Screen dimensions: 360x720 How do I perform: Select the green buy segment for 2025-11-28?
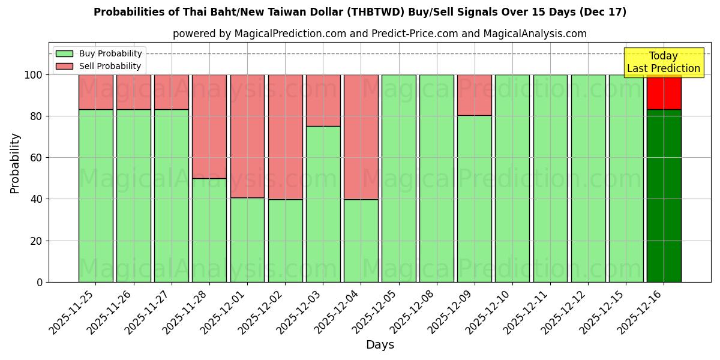pyautogui.click(x=209, y=230)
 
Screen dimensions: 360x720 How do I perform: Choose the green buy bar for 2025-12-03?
pyautogui.click(x=323, y=204)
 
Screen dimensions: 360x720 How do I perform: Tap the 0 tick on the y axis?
pyautogui.click(x=40, y=282)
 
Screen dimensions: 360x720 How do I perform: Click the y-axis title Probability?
pyautogui.click(x=15, y=163)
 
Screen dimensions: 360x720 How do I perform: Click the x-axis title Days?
pyautogui.click(x=380, y=345)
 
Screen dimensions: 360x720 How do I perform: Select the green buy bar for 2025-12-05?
pyautogui.click(x=398, y=178)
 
